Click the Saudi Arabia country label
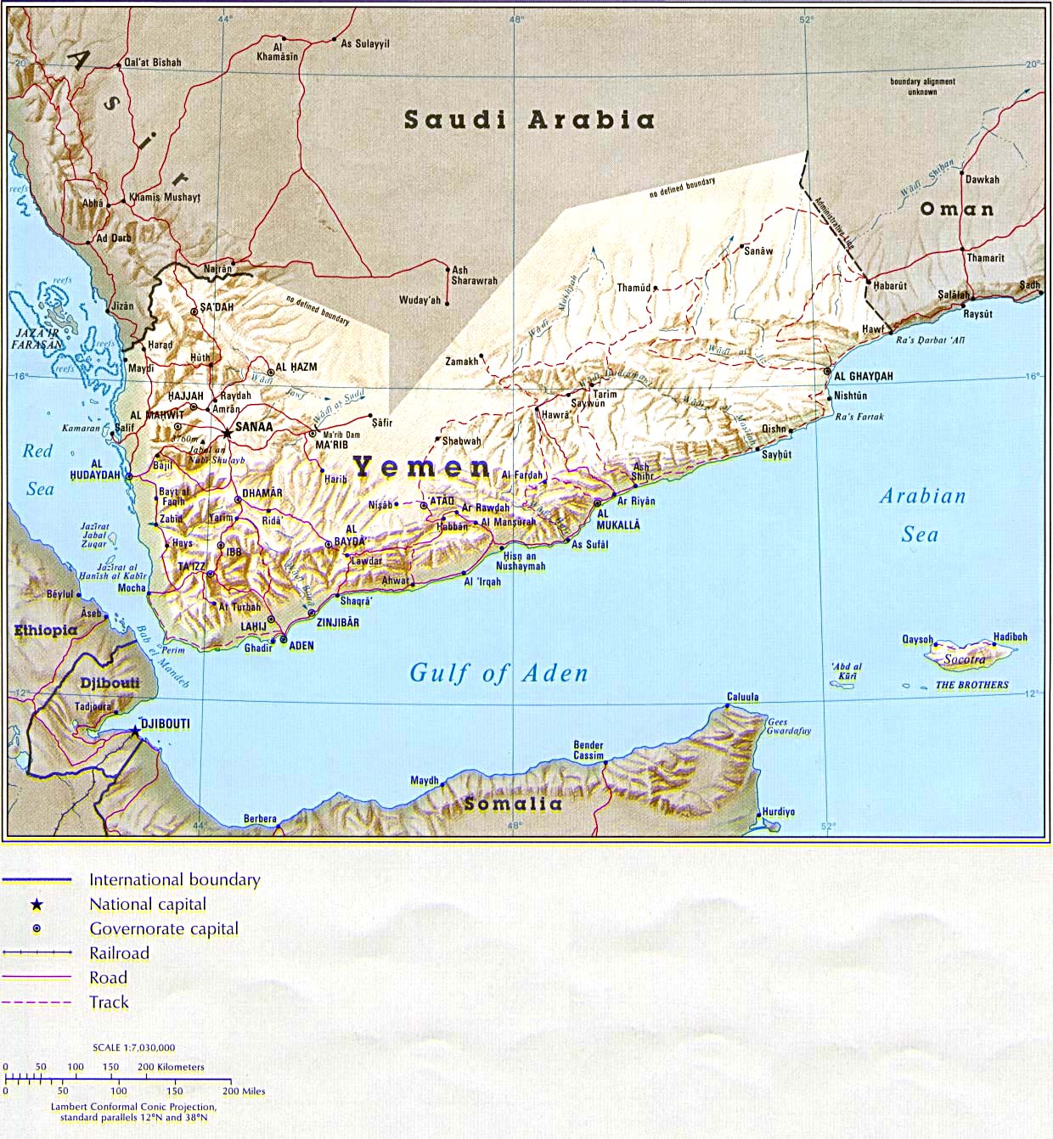coord(529,120)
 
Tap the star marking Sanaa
coord(227,432)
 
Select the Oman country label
coord(957,209)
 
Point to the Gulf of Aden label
coord(498,674)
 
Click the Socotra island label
coord(965,659)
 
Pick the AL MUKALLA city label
coord(618,519)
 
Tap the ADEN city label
coord(301,645)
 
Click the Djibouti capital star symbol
coord(135,729)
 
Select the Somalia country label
coord(513,804)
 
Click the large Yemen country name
coord(422,467)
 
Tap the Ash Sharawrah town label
coord(474,275)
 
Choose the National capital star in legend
coord(37,905)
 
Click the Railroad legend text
coord(119,953)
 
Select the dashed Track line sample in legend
coord(37,1002)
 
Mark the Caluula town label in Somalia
coord(742,697)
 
